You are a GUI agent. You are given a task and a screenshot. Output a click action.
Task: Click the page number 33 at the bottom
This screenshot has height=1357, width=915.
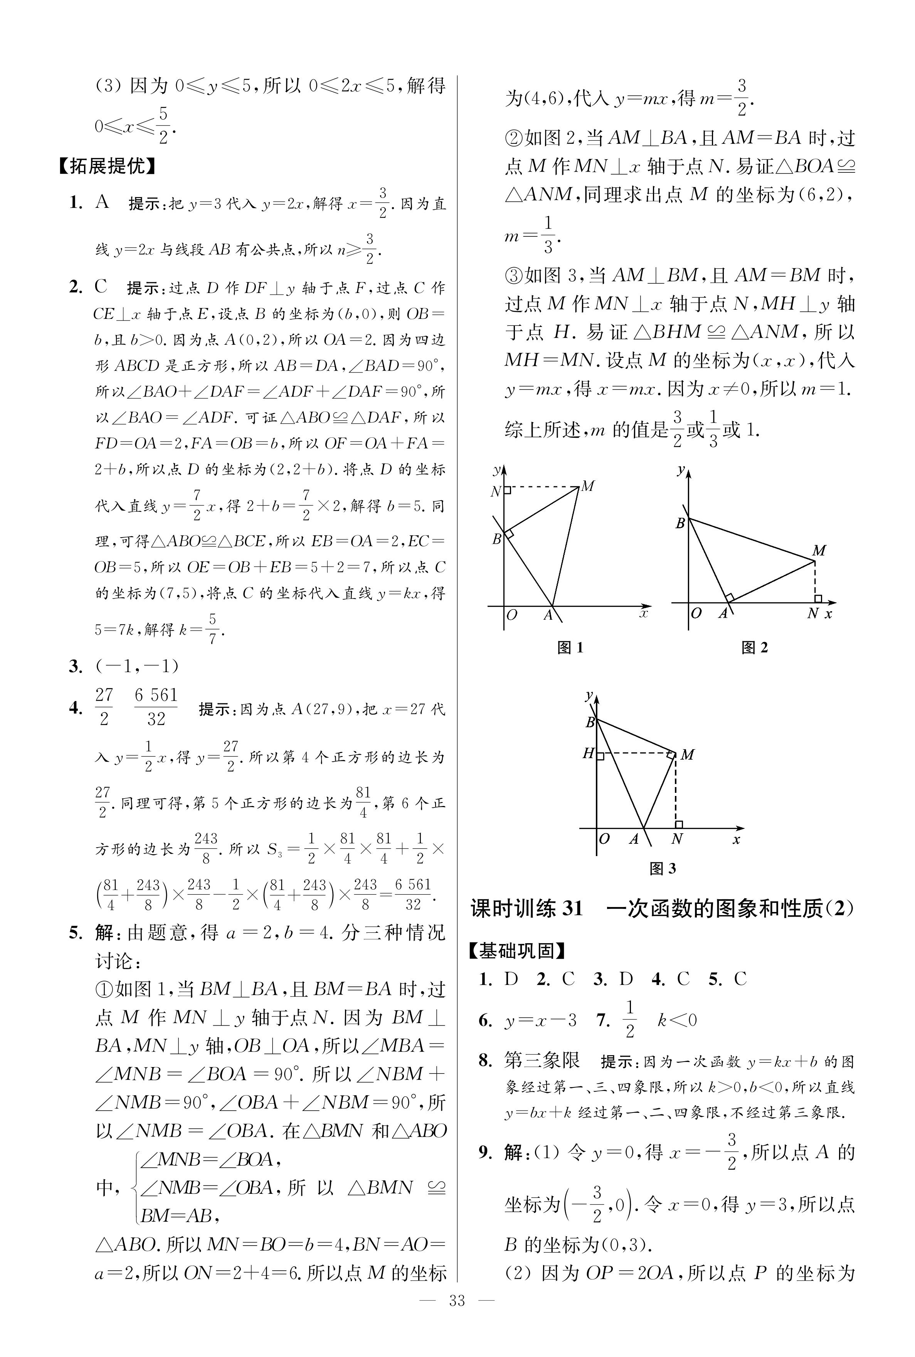pyautogui.click(x=457, y=1317)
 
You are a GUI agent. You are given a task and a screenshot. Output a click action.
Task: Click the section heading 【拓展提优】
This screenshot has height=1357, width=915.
pyautogui.click(x=107, y=167)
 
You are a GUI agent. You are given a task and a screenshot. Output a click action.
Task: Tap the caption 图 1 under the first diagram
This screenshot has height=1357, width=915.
pyautogui.click(x=570, y=647)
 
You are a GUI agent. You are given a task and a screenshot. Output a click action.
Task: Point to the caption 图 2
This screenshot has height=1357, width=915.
pyautogui.click(x=755, y=647)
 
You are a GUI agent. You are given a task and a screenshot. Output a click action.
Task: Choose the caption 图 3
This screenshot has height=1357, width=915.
pyautogui.click(x=663, y=868)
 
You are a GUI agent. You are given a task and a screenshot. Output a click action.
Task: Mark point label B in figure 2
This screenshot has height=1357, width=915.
pyautogui.click(x=680, y=524)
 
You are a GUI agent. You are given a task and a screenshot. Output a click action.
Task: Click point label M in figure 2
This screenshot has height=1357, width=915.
pyautogui.click(x=819, y=550)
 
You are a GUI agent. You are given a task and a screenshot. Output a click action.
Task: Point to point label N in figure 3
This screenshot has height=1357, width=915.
pyautogui.click(x=677, y=839)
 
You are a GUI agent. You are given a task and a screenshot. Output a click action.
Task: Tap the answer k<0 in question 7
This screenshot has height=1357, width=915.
pyautogui.click(x=677, y=1020)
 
